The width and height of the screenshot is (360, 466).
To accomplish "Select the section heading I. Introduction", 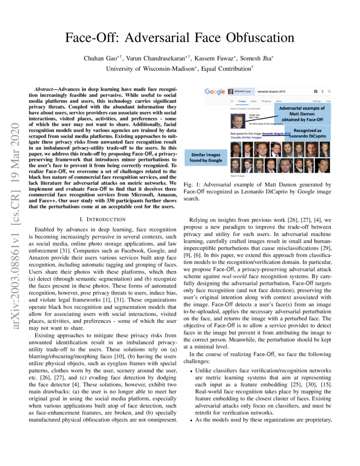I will (x=102, y=219).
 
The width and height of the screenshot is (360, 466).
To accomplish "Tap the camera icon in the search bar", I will (x=316, y=92).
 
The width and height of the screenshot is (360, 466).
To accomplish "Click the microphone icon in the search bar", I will (x=322, y=92).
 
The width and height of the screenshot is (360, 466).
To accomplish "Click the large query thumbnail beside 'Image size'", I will (x=238, y=120).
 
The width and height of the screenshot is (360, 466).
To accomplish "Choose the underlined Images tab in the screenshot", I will (x=242, y=101).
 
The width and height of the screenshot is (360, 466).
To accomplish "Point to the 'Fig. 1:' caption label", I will (x=192, y=185).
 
